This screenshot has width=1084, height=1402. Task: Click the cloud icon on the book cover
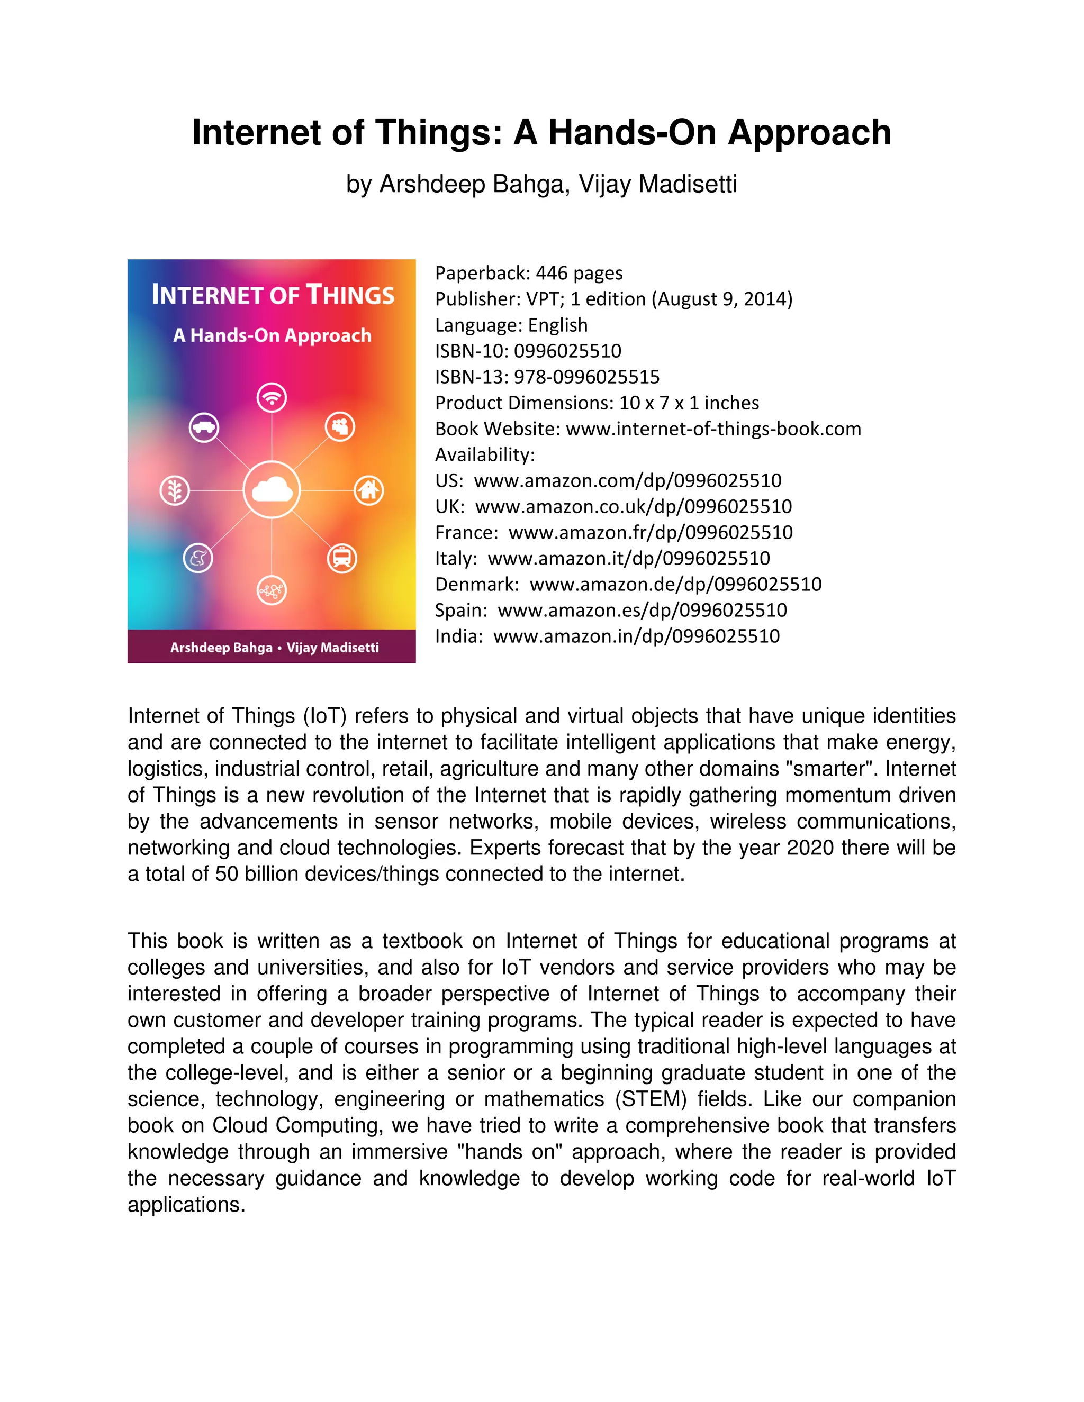[272, 490]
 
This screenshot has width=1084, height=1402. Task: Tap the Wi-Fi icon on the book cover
[272, 397]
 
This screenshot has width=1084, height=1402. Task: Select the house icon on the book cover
[368, 490]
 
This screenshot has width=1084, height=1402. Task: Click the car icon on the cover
[204, 427]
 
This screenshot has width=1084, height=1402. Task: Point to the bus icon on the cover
[341, 557]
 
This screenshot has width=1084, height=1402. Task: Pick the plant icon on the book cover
[174, 490]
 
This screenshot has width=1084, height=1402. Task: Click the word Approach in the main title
[809, 133]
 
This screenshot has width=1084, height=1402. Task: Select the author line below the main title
[541, 184]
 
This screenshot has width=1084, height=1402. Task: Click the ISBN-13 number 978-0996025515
[586, 377]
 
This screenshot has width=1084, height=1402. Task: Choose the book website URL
[713, 429]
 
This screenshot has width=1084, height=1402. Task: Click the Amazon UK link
[633, 506]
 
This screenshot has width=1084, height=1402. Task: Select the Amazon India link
[636, 636]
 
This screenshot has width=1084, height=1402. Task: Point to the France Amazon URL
[651, 533]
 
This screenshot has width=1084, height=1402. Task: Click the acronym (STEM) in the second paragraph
[651, 1099]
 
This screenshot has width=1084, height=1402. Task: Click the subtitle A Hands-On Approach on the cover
[272, 335]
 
